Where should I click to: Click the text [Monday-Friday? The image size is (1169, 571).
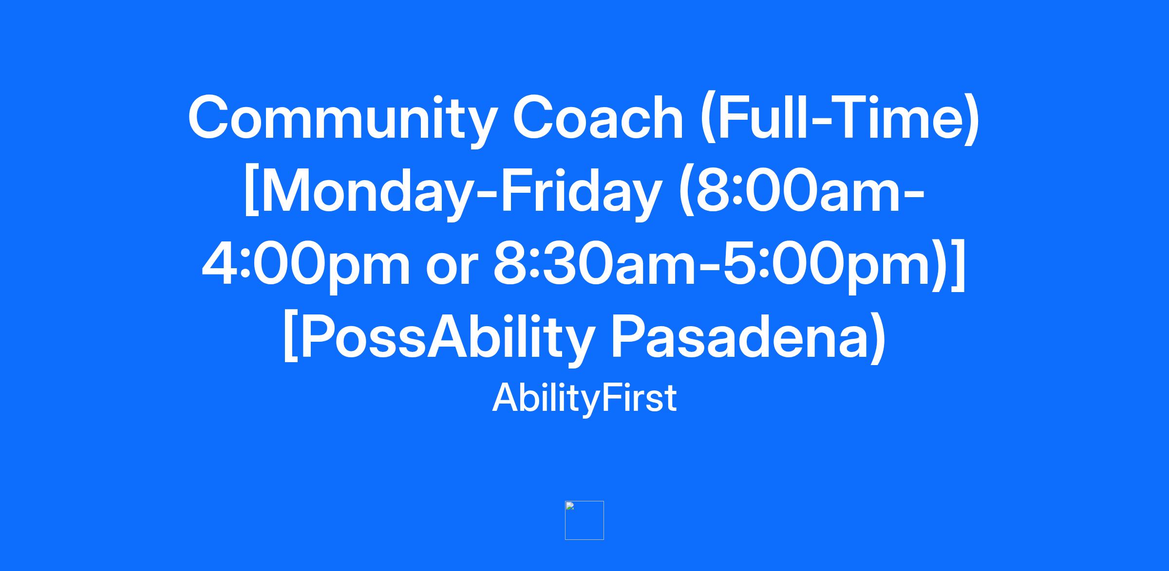pos(451,193)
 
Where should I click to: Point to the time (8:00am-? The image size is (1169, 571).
pos(802,192)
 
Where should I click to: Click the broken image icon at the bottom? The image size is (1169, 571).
pos(584,520)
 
